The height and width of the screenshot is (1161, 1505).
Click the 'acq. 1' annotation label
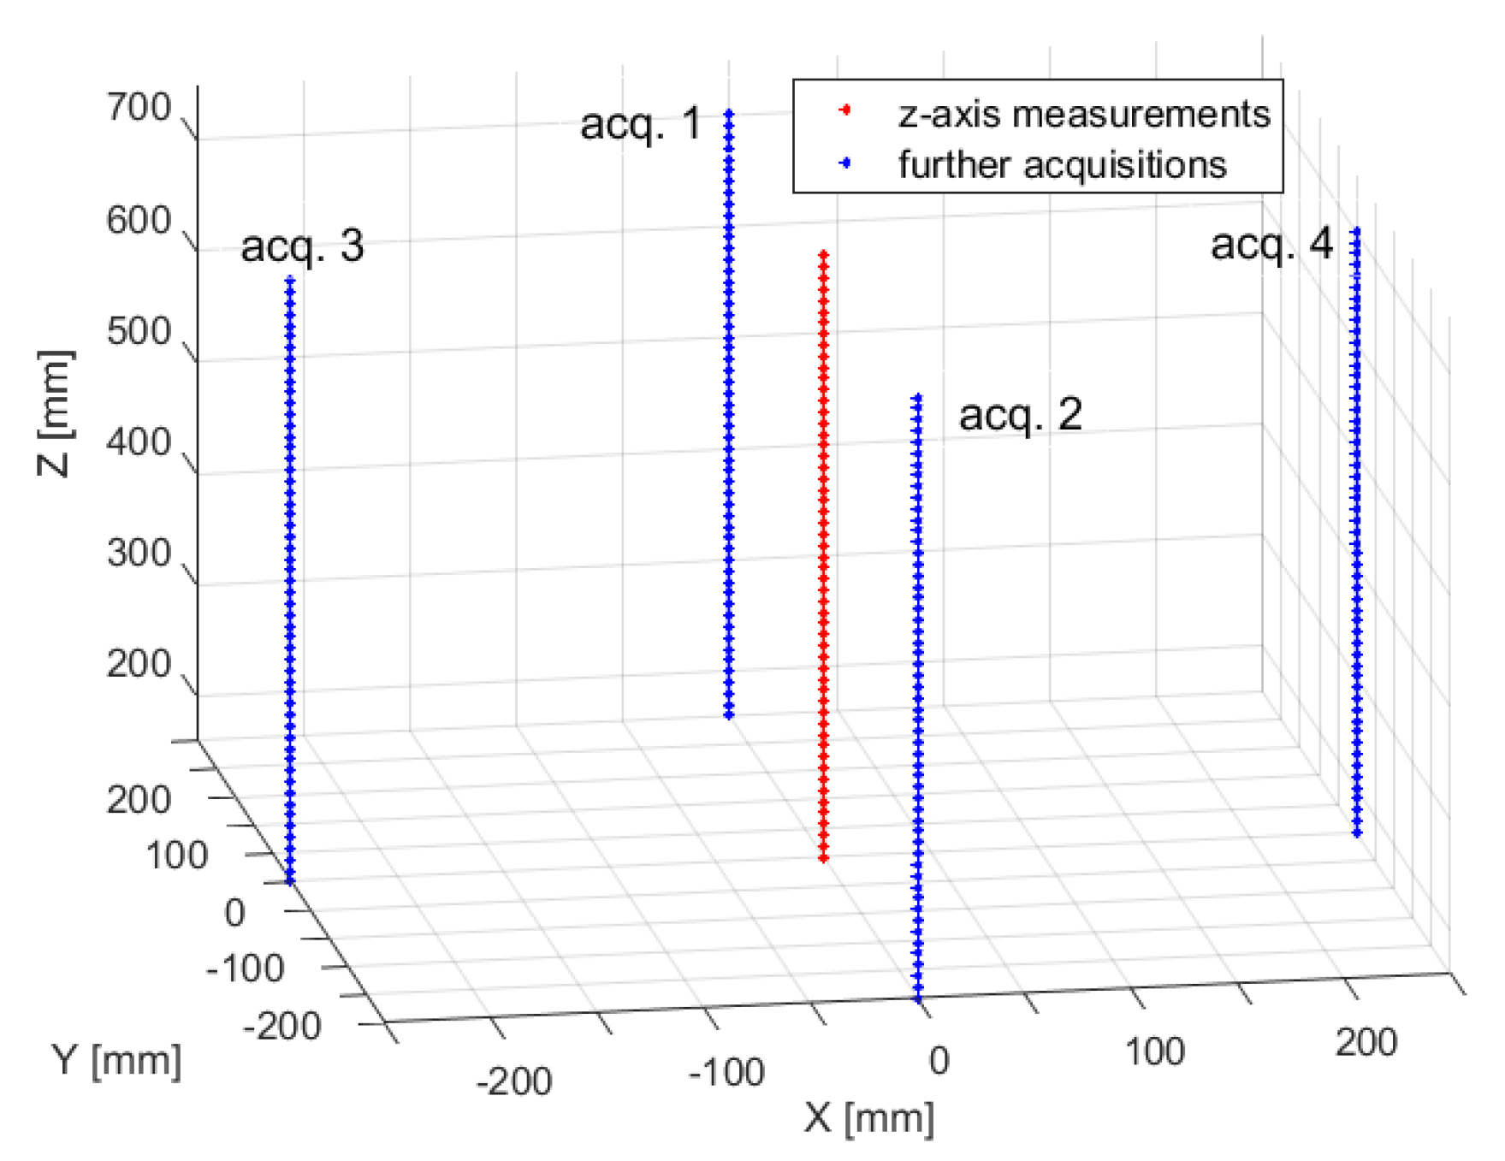pos(640,124)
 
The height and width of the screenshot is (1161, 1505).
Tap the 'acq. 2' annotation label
pos(1020,415)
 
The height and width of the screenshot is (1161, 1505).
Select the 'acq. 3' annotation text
pos(302,246)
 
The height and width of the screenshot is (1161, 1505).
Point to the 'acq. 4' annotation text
pos(1271,245)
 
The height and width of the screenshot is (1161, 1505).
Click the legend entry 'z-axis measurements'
pos(1084,114)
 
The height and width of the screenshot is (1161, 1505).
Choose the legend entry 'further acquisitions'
pos(1062,164)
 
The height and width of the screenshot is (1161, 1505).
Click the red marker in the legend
pos(845,110)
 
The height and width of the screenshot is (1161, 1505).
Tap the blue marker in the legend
pos(845,163)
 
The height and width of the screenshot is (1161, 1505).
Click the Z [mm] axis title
pos(56,413)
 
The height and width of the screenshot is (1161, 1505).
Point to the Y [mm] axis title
pos(117,1061)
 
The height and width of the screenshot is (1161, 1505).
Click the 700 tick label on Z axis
pos(139,109)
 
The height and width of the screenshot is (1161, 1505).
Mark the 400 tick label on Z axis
pos(139,443)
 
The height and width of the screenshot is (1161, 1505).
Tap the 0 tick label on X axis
pos(939,1061)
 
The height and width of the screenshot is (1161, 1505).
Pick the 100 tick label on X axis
pos(1154,1051)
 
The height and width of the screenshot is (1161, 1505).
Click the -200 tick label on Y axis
pos(281,1026)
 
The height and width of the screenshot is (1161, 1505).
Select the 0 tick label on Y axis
pos(234,913)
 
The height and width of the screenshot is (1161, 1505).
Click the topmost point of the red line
pos(823,253)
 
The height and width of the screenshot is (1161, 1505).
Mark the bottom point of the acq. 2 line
pos(918,998)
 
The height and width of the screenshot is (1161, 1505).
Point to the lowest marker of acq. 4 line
pos(1357,832)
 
